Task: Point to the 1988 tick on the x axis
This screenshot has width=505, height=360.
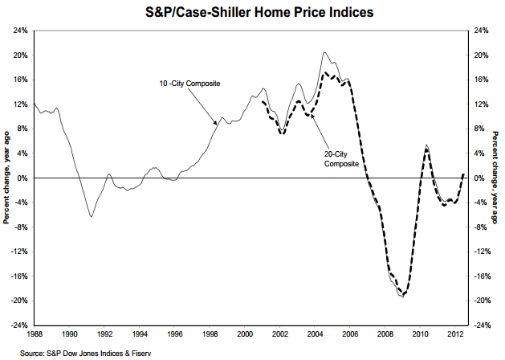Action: click(x=35, y=332)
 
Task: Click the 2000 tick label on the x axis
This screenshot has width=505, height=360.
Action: click(x=246, y=332)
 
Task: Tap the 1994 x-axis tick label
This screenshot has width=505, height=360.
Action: click(x=140, y=332)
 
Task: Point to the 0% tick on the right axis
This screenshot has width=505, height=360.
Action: click(x=479, y=178)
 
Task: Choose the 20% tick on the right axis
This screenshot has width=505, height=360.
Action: click(x=480, y=55)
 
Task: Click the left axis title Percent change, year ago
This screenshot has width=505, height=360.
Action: click(x=6, y=178)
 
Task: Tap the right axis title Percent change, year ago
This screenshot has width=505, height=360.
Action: click(x=497, y=178)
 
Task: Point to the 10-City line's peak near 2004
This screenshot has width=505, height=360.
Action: click(x=324, y=52)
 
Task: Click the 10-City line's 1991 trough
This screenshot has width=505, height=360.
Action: click(x=92, y=217)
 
